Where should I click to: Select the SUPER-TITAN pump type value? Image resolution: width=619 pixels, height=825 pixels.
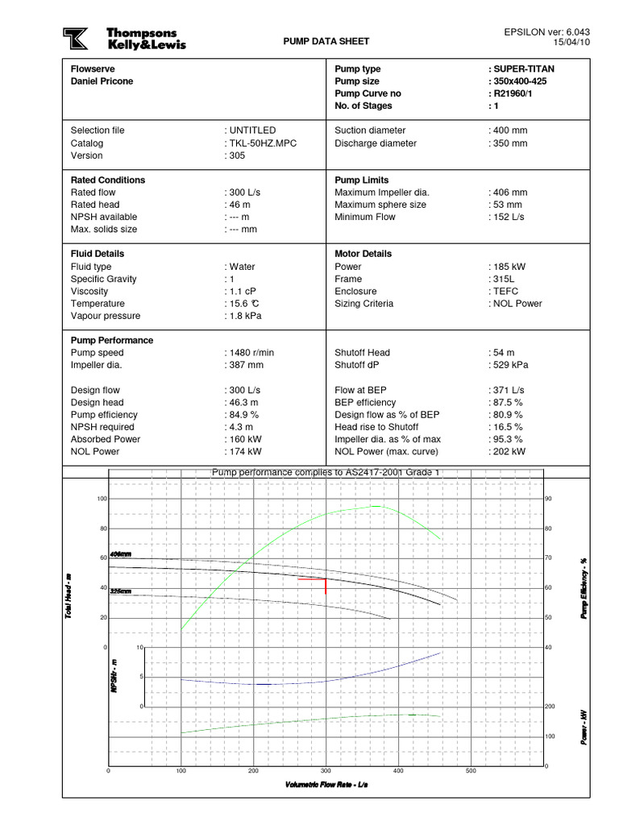coord(523,69)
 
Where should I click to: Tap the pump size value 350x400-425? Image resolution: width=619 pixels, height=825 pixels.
coord(522,81)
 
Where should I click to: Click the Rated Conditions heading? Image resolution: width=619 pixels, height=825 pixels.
coord(108,180)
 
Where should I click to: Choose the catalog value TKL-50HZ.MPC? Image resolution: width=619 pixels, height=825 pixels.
coord(255,143)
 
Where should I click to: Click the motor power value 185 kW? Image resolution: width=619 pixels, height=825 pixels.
coord(508,267)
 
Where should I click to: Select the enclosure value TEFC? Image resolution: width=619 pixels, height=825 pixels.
coord(504,291)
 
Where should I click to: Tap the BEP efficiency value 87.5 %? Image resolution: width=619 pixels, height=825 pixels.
coord(508,402)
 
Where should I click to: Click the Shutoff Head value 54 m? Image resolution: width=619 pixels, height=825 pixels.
coord(503,353)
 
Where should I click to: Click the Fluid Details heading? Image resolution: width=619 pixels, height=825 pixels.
coord(102,254)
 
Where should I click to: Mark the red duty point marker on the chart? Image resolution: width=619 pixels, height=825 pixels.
coord(324,580)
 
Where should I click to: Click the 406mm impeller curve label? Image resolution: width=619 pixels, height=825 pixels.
coord(120,555)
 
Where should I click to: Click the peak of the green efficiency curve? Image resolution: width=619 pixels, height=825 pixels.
coord(376,506)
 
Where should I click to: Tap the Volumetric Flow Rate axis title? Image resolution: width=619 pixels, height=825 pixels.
coord(326,784)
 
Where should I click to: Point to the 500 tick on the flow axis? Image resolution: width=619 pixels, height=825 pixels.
coord(472,771)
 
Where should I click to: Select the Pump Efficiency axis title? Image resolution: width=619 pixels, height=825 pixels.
coord(584,588)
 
